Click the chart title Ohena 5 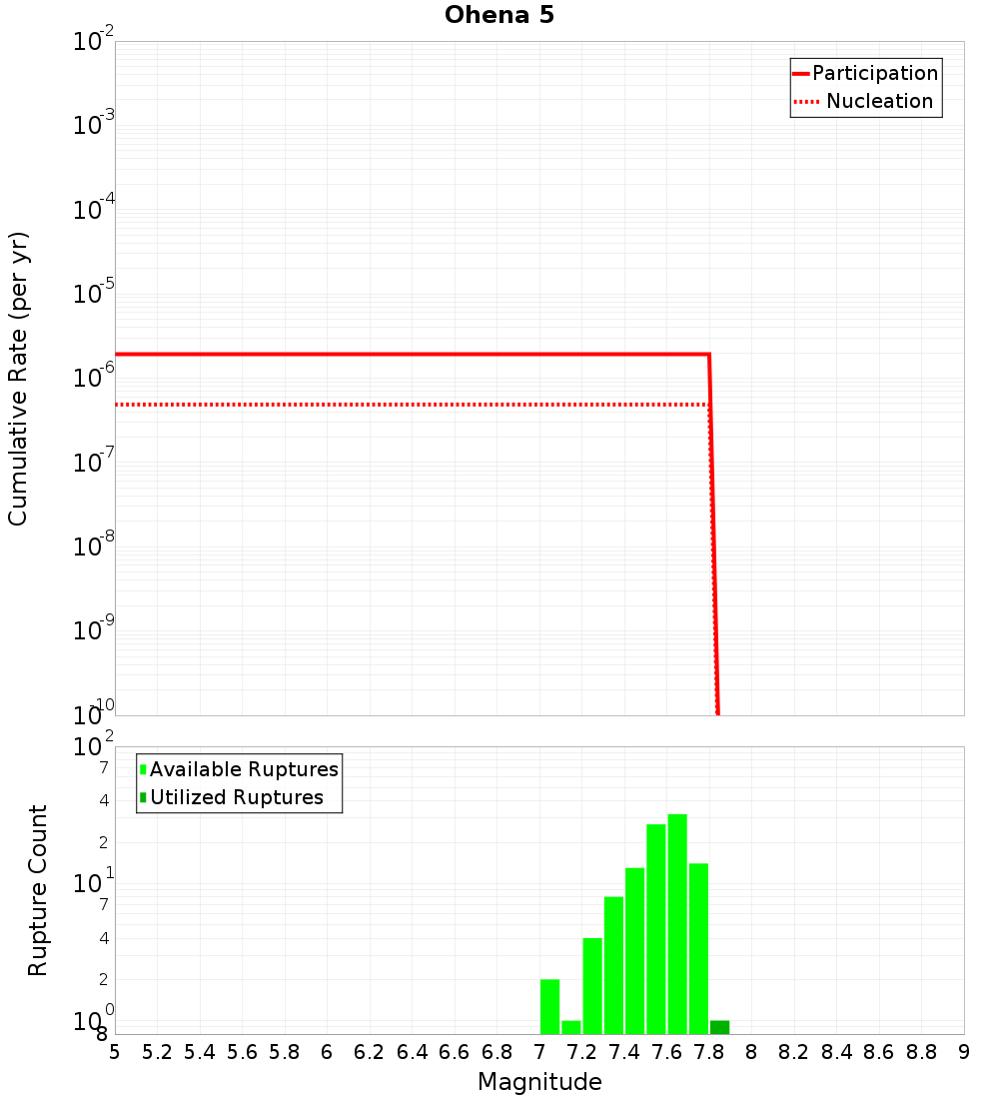click(x=499, y=15)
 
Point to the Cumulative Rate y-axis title click(x=18, y=379)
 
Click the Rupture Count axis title click(x=38, y=890)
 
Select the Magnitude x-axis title click(x=539, y=1082)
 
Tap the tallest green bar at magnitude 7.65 click(x=677, y=924)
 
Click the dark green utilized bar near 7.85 click(x=719, y=1027)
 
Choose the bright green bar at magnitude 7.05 click(x=549, y=1006)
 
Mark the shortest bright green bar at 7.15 click(x=571, y=1027)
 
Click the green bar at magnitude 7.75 click(x=698, y=948)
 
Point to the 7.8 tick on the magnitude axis click(x=709, y=1051)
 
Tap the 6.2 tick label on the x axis click(x=370, y=1051)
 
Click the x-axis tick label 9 click(x=964, y=1051)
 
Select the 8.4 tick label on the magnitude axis click(x=837, y=1051)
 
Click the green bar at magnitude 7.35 click(x=613, y=965)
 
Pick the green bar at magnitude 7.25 click(x=592, y=986)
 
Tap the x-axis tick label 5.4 click(x=200, y=1051)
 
